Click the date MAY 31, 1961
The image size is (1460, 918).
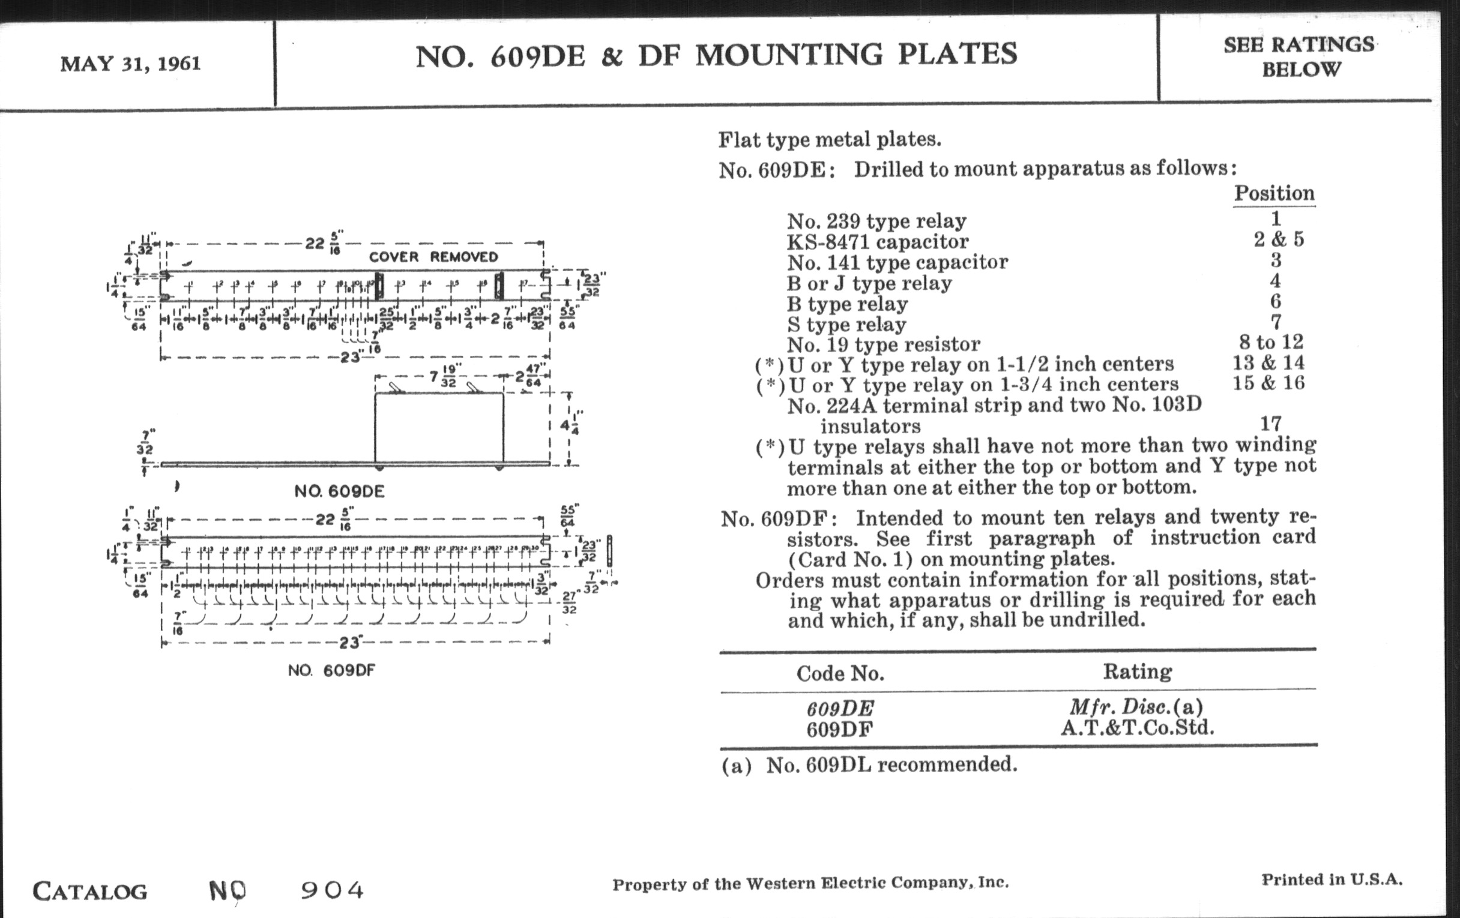(x=130, y=64)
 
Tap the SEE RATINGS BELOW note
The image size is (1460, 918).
(x=1299, y=57)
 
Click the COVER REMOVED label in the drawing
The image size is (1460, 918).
(x=433, y=257)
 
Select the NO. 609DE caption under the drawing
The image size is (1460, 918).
(x=339, y=491)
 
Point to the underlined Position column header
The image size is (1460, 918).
(x=1274, y=193)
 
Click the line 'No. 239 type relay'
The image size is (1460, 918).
(x=876, y=221)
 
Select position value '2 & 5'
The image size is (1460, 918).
(x=1279, y=239)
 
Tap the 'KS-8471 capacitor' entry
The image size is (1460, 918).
(x=877, y=242)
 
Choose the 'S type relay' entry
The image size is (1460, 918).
(x=846, y=324)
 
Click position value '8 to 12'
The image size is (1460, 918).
(x=1271, y=342)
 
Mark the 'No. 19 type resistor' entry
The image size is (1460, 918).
(x=884, y=345)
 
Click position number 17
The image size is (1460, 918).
(x=1271, y=423)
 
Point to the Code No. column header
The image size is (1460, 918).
(x=840, y=673)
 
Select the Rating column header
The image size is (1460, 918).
(x=1137, y=671)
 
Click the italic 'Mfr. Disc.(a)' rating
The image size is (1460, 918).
(x=1136, y=707)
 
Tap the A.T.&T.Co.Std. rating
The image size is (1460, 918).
(x=1138, y=727)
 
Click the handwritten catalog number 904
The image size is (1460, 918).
(x=332, y=890)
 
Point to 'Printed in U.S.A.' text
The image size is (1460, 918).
(x=1332, y=880)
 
